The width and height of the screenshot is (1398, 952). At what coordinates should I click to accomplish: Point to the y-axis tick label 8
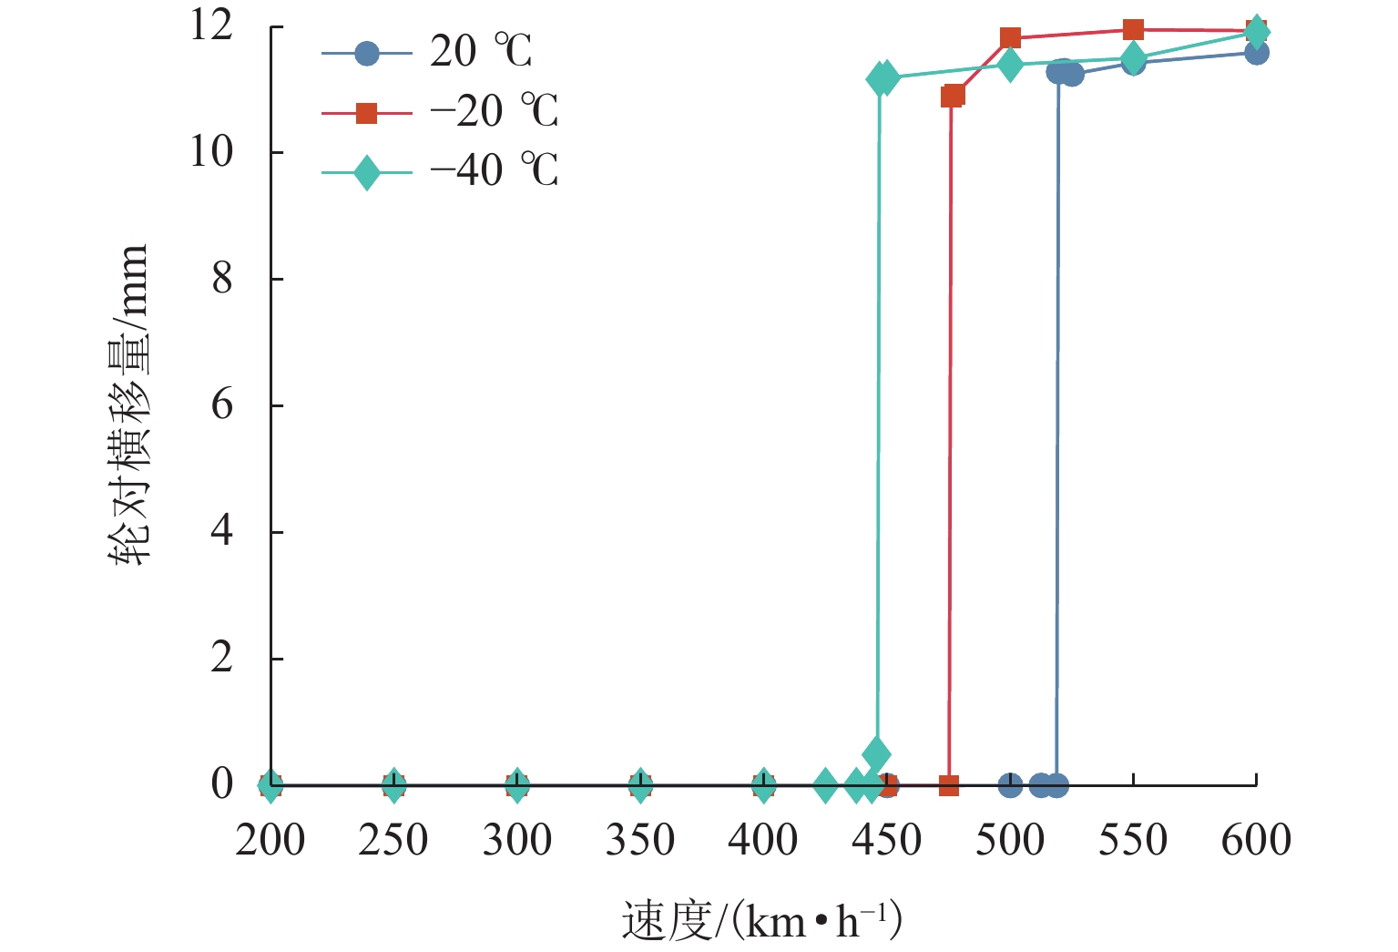tap(222, 279)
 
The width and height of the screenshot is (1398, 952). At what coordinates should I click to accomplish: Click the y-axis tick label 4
tap(222, 531)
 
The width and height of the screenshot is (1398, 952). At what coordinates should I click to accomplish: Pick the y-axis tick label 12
tap(211, 26)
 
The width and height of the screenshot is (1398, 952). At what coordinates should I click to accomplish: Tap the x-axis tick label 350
tap(640, 840)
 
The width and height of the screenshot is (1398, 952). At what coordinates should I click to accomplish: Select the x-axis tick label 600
tap(1256, 840)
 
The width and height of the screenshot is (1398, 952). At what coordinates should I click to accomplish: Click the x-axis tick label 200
tap(270, 840)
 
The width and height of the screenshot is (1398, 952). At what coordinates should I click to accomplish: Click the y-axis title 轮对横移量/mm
tap(128, 405)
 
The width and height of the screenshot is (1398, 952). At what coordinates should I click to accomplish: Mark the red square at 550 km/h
tap(1133, 30)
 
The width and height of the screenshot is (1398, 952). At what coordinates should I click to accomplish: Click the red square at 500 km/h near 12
tap(1010, 37)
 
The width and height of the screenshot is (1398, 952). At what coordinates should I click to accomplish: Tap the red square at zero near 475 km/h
tap(948, 785)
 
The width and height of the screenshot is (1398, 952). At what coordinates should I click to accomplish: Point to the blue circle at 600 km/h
tap(1257, 53)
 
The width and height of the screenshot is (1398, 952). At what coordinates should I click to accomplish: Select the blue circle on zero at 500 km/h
tap(1010, 784)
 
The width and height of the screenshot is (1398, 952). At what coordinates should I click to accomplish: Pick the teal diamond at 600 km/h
tap(1257, 31)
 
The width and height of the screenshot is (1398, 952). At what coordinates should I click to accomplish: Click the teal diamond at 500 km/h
tap(1010, 65)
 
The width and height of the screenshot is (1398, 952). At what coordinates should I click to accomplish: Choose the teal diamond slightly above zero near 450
tap(876, 754)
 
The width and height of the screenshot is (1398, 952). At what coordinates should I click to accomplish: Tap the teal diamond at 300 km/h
tap(517, 784)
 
